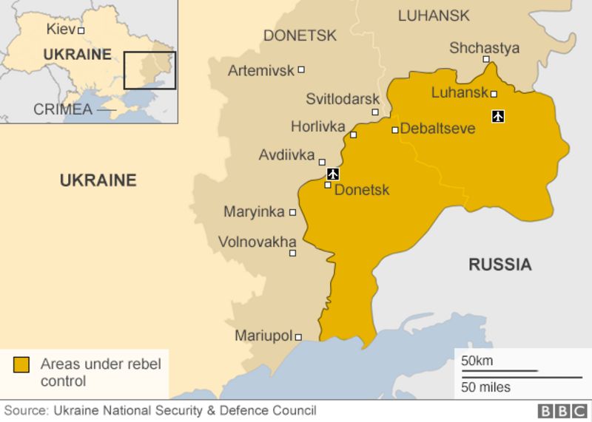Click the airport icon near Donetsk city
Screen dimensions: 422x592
point(333,174)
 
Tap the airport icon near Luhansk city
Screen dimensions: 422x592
point(498,116)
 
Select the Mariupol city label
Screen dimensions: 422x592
point(263,336)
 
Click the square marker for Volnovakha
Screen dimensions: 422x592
point(292,253)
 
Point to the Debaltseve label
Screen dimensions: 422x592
point(437,129)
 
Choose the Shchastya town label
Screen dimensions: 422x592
point(484,48)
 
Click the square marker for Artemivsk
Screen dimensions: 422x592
point(301,69)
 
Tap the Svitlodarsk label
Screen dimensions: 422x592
point(343,99)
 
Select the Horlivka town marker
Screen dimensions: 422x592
point(354,135)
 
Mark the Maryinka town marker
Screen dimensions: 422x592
point(292,212)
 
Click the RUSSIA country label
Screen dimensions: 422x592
point(499,265)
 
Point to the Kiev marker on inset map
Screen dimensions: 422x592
point(81,30)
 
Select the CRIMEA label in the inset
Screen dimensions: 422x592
point(63,109)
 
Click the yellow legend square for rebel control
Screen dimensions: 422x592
point(21,364)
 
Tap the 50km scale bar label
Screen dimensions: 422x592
point(477,361)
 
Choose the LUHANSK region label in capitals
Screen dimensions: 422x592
point(434,16)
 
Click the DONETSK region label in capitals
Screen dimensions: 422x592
point(300,35)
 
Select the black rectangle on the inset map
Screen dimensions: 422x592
point(149,70)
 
